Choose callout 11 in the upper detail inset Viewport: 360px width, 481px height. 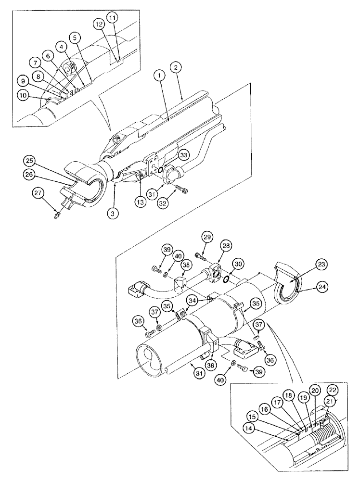(x=112, y=18)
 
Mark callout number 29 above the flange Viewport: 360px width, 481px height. (x=207, y=238)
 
